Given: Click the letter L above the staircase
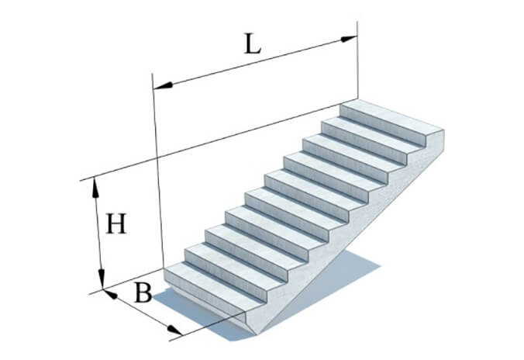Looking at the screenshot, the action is (x=253, y=43).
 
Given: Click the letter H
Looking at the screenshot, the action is (x=116, y=223).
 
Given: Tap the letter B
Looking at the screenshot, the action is (x=143, y=292).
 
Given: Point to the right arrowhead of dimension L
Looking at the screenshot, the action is (x=349, y=39).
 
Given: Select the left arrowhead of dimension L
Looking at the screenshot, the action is (x=164, y=85).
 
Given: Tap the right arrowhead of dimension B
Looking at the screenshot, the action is (x=174, y=330).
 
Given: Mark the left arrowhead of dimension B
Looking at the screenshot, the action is (x=110, y=294).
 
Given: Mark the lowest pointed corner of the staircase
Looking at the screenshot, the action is (x=256, y=334).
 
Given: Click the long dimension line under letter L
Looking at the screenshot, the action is (x=256, y=62).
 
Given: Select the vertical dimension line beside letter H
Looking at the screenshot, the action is (x=98, y=234).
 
